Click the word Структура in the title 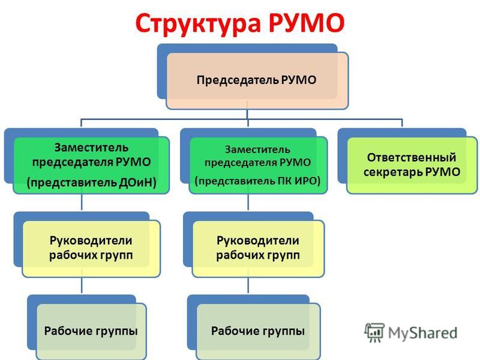198,23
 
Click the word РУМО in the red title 307,23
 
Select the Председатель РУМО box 257,81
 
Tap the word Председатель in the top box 238,80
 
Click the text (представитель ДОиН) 92,183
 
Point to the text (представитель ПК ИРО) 258,181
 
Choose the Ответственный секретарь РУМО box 412,166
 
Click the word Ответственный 412,157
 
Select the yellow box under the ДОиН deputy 91,248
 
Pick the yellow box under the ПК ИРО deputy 258,248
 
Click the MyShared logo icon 374,332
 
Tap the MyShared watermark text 423,333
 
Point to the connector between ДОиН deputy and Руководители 82,202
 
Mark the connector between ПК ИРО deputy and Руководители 248,202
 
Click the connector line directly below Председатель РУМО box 247,114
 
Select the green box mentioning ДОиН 91,166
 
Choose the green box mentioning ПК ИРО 258,166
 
